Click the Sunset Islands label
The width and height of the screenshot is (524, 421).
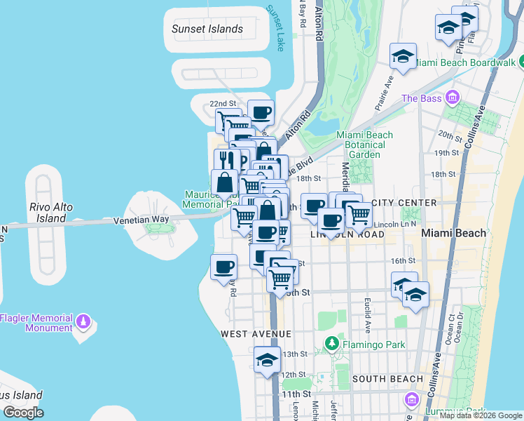click(207, 29)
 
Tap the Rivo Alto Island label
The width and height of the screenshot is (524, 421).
click(48, 213)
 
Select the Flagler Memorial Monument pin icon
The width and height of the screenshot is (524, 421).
click(83, 321)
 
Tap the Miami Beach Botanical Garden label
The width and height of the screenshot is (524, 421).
click(364, 145)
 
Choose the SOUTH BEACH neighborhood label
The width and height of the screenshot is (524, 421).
click(387, 379)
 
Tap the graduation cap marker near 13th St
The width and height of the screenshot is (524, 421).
click(267, 361)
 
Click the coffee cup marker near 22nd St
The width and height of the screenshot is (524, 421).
click(261, 113)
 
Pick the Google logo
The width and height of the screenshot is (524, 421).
click(23, 413)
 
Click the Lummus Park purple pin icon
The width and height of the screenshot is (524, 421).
click(412, 401)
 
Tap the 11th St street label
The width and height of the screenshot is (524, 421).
click(296, 395)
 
